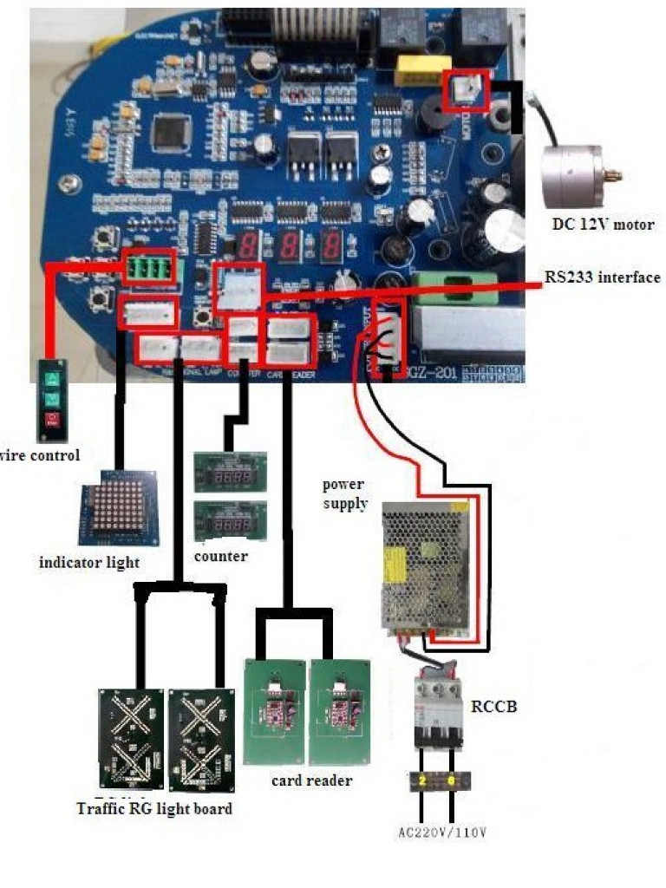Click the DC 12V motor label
[x=603, y=225]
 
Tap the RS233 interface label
[x=602, y=277]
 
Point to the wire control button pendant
[x=51, y=400]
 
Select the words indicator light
[x=89, y=563]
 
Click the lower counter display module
[x=230, y=522]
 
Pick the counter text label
[x=220, y=556]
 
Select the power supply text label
[x=345, y=493]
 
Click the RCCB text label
[x=493, y=707]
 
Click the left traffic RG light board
[x=131, y=738]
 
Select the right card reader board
[x=340, y=712]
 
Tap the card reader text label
[x=311, y=780]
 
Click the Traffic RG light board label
[x=154, y=809]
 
